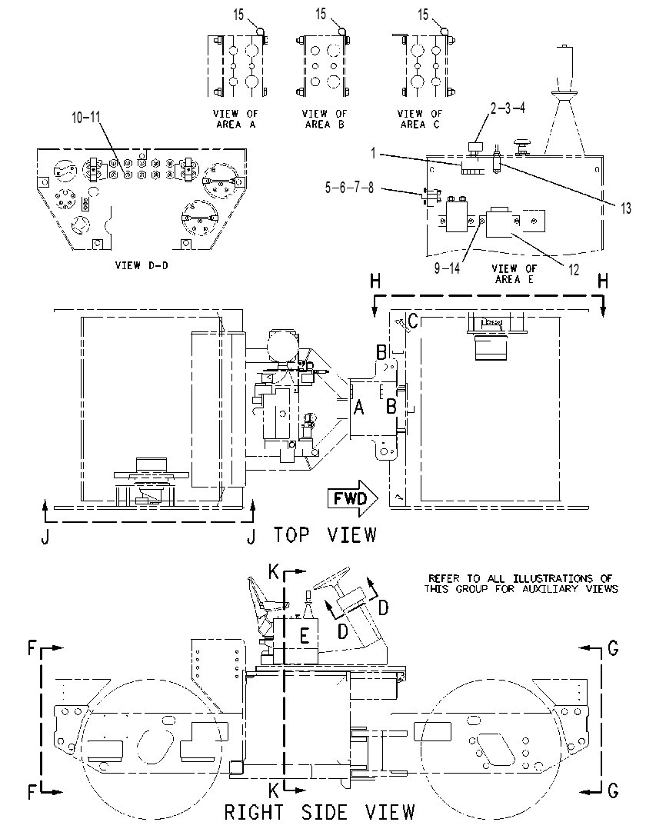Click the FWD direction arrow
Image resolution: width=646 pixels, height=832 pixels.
[x=352, y=499]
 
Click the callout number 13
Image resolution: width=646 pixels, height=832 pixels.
[x=626, y=208]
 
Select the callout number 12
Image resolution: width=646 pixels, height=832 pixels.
[x=574, y=270]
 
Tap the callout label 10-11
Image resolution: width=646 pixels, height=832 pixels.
[x=86, y=118]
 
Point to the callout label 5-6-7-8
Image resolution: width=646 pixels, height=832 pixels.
[x=349, y=188]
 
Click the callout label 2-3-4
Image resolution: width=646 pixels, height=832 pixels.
[x=508, y=108]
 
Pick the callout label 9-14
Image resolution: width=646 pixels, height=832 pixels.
[x=447, y=268]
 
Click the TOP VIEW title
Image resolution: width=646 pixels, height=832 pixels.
[x=325, y=535]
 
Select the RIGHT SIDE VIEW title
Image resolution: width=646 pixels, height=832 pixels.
[x=319, y=812]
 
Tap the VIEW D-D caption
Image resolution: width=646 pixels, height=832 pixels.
[x=142, y=265]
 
